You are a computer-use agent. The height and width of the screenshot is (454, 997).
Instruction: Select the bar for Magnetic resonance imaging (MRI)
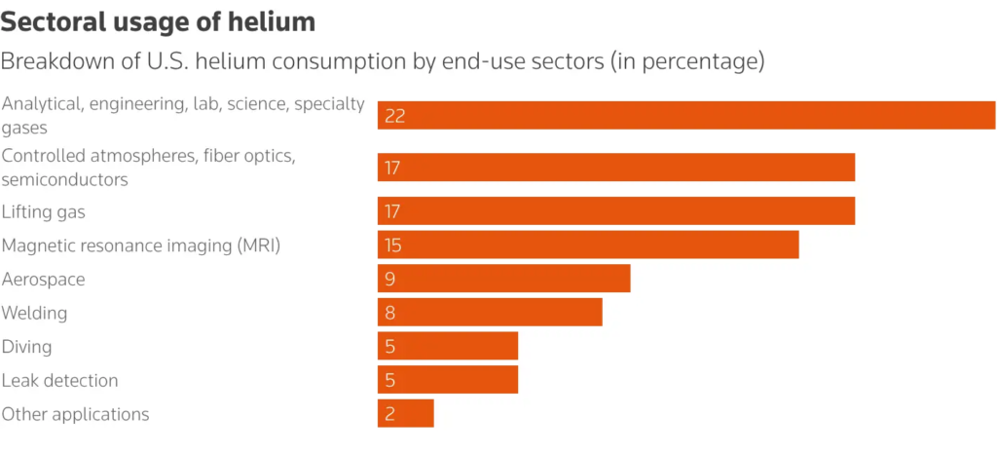pos(588,245)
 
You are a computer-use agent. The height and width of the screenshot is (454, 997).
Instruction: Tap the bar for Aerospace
pos(503,279)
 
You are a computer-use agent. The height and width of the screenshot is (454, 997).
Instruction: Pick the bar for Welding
pos(490,313)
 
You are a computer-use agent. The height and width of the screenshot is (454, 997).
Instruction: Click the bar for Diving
pos(448,346)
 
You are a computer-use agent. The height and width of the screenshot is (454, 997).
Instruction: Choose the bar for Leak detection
pos(448,380)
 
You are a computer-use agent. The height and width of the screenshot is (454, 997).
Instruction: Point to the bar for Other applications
pos(405,413)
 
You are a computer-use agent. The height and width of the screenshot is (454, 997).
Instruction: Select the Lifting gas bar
pos(616,210)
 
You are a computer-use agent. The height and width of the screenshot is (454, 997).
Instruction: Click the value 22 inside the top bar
pos(394,116)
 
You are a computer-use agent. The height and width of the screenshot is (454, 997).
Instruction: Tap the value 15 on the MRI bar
pos(392,246)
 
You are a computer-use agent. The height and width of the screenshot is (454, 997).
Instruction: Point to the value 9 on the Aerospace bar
pos(389,280)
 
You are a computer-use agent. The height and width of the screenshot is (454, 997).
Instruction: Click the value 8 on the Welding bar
pos(389,314)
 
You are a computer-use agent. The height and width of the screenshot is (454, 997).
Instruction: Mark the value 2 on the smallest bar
pos(389,414)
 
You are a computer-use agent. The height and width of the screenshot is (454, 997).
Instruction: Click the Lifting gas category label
pos(51,211)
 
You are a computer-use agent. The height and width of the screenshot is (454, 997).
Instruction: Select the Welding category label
pos(34,313)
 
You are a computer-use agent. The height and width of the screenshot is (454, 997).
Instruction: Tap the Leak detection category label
pos(59,380)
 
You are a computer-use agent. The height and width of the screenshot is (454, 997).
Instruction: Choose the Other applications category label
pos(75,414)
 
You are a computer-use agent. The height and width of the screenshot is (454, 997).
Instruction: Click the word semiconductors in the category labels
pos(64,179)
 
